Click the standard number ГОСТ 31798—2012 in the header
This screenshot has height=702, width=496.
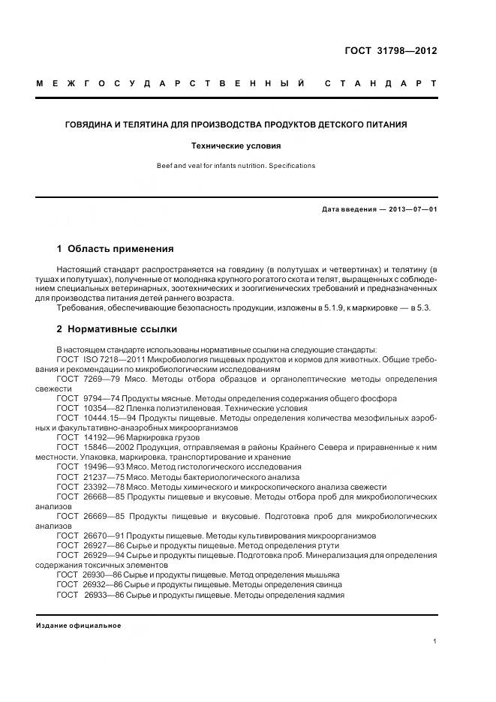click(389, 51)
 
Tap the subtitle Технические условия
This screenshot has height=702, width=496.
click(236, 146)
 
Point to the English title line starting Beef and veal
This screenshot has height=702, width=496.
click(236, 165)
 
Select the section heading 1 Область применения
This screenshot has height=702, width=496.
click(115, 248)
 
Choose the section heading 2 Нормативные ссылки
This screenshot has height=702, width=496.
click(118, 329)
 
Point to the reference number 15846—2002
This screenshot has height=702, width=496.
click(106, 447)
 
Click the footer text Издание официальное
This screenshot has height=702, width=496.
click(78, 625)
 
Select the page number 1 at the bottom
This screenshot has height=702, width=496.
click(434, 641)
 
